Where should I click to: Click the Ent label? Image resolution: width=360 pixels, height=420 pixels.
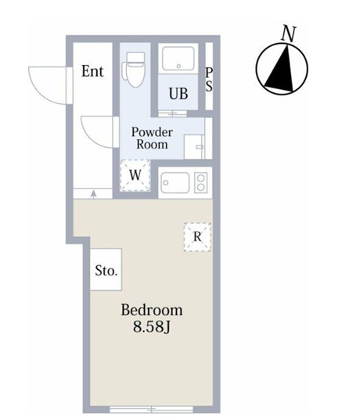pos(92,71)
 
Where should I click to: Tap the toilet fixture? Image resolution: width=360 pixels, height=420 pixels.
pos(133,70)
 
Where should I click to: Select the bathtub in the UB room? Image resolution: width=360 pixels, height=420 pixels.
pos(178,59)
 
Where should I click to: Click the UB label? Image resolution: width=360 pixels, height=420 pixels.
pos(178,94)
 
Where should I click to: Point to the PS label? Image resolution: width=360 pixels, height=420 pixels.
pos(209,80)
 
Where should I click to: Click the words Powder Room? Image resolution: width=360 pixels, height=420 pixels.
pos(152,138)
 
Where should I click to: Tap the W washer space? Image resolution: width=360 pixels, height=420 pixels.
pos(135,175)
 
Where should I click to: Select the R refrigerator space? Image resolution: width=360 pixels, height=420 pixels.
pos(197,237)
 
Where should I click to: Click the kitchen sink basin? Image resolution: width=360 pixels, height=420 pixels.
pos(175,183)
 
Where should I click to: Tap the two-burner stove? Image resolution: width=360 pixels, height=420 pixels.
pos(201,183)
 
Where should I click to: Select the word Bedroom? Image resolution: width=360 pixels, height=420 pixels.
pos(152,310)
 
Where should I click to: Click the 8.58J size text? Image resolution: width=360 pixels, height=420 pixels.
pos(152,326)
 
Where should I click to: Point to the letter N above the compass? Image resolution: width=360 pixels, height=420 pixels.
pos(289,34)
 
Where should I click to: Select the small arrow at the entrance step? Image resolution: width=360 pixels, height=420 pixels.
pos(94,194)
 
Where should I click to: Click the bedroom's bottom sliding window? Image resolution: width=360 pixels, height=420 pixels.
pos(152,409)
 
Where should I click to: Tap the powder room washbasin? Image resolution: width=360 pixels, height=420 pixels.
pos(194,147)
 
